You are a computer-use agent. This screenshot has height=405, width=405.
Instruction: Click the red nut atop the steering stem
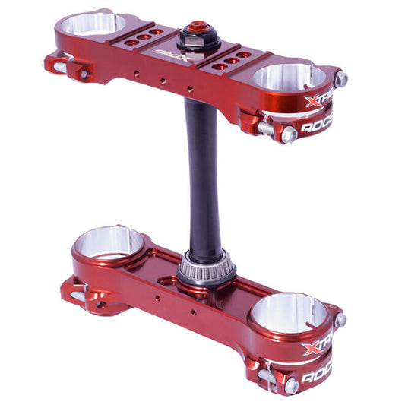click(x=199, y=27)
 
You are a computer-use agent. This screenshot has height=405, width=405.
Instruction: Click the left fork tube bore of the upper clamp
click(x=93, y=24)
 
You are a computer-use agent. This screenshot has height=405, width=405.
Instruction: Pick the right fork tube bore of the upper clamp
click(x=288, y=76)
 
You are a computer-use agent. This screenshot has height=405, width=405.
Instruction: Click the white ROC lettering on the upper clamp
click(x=318, y=126)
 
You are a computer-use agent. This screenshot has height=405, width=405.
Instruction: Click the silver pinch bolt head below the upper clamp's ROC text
click(x=289, y=134)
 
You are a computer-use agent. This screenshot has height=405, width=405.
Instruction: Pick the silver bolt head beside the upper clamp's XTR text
click(x=341, y=78)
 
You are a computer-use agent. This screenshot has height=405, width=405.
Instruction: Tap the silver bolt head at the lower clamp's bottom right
click(x=292, y=387)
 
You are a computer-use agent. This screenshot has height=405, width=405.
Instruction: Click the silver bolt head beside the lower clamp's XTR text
click(x=340, y=320)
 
